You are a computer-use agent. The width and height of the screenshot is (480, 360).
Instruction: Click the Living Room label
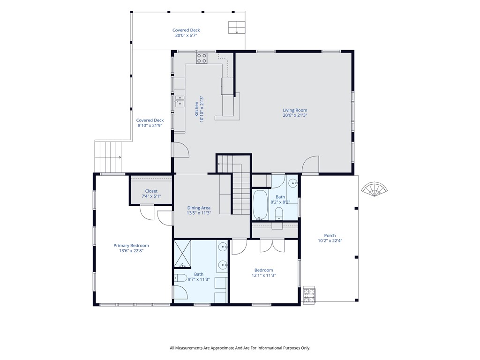pyautogui.click(x=295, y=110)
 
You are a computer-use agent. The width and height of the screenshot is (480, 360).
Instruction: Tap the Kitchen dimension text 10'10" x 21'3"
pyautogui.click(x=202, y=109)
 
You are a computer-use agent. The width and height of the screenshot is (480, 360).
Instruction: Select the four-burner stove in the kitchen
pyautogui.click(x=202, y=58)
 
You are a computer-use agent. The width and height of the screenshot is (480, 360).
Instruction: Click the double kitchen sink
pyautogui.click(x=180, y=101)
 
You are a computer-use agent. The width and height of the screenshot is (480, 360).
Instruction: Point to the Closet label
pyautogui.click(x=151, y=191)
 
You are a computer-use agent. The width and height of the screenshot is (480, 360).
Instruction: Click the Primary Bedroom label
pyautogui.click(x=131, y=246)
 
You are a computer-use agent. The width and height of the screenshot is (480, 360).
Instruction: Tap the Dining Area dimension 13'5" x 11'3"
pyautogui.click(x=199, y=213)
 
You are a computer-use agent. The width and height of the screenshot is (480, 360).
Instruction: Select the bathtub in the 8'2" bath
pyautogui.click(x=260, y=204)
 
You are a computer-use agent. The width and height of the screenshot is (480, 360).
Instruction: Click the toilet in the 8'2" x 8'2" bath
pyautogui.click(x=279, y=213)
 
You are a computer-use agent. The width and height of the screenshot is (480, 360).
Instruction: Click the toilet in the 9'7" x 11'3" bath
pyautogui.click(x=180, y=278)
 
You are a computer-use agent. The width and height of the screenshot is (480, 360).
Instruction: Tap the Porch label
pyautogui.click(x=330, y=235)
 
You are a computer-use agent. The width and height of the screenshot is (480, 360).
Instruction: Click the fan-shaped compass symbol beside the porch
pyautogui.click(x=374, y=189)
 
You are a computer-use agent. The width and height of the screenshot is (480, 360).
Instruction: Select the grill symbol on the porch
pyautogui.click(x=309, y=294)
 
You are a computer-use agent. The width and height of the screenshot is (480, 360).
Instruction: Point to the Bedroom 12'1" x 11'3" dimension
pyautogui.click(x=263, y=275)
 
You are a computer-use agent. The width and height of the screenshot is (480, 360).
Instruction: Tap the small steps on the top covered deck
pyautogui.click(x=237, y=28)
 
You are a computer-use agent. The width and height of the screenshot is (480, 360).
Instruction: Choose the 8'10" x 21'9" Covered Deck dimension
pyautogui.click(x=150, y=126)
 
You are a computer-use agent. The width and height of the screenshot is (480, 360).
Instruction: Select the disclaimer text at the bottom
pyautogui.click(x=240, y=348)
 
